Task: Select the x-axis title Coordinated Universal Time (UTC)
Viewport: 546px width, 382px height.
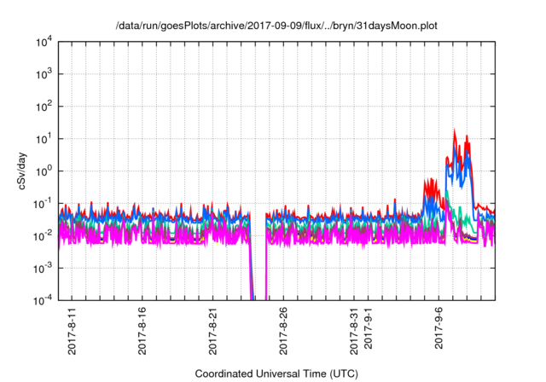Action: click(x=276, y=373)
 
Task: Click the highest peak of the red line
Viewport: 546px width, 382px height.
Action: click(x=454, y=131)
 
